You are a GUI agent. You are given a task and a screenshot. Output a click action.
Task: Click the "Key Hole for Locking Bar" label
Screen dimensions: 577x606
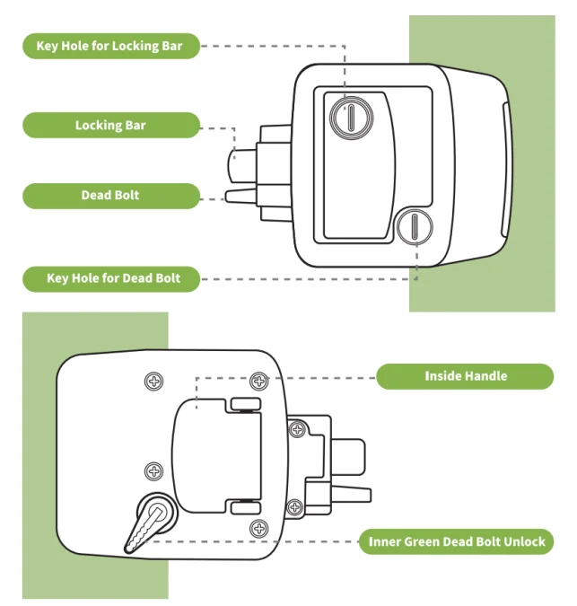[x=111, y=46]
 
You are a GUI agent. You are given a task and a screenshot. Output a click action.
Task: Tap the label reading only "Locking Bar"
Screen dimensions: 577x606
[x=111, y=125]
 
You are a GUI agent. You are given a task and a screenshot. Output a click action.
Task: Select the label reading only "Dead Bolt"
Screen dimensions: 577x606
[x=111, y=196]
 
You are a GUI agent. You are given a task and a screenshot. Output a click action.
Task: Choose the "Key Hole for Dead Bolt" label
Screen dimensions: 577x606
[x=111, y=279]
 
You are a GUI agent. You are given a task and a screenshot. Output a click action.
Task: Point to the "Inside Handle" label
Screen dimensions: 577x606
[x=465, y=376]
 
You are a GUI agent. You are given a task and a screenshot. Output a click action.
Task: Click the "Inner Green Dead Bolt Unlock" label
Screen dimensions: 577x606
[x=456, y=541]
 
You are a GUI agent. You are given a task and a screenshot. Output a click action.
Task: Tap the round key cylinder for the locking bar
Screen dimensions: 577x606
[x=352, y=118]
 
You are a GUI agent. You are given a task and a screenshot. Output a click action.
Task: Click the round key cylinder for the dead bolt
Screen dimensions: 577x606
[x=415, y=226]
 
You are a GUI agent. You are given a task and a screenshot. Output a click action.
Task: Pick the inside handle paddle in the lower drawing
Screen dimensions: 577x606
[x=216, y=456]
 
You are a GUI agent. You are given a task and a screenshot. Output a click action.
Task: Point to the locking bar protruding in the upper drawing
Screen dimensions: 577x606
[x=241, y=166]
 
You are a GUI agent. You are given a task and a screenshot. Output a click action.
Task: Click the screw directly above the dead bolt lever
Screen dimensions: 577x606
[x=153, y=471]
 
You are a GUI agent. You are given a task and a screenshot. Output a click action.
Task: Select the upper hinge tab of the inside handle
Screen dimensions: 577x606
[x=246, y=404]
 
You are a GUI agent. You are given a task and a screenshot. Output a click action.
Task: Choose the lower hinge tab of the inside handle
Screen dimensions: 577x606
[x=246, y=508]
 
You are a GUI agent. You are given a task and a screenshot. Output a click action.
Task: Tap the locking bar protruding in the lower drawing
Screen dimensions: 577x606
[x=348, y=457]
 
